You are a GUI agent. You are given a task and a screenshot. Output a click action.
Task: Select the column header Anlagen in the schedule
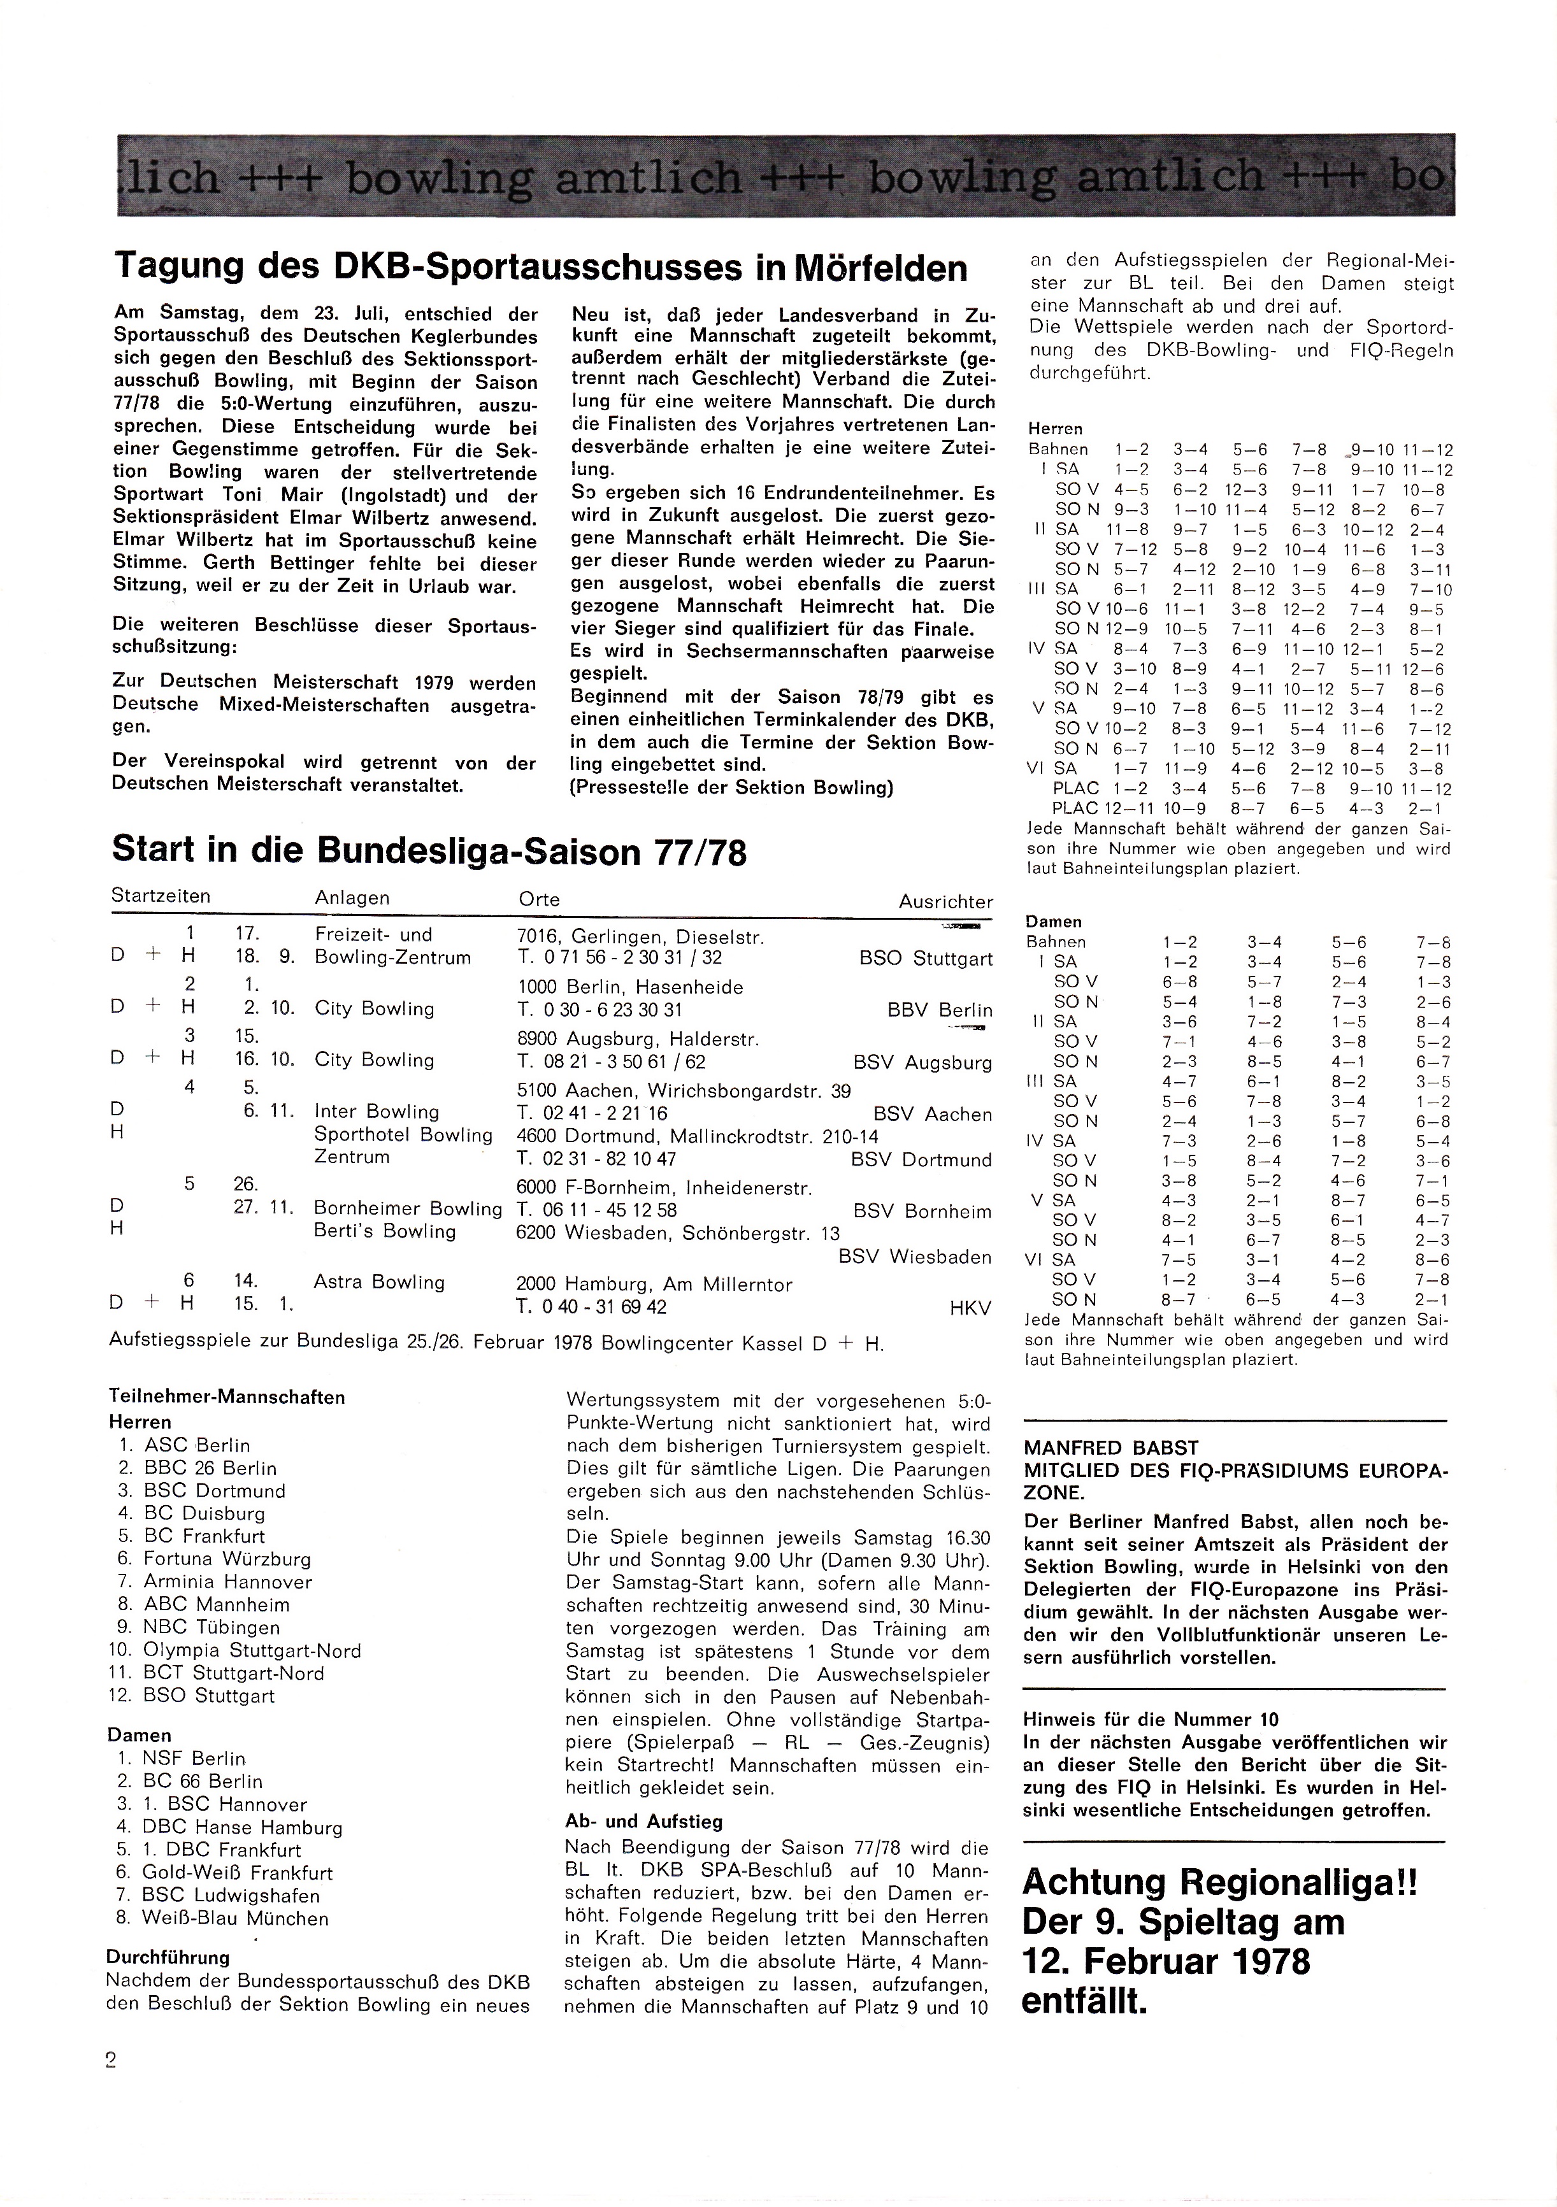tap(352, 898)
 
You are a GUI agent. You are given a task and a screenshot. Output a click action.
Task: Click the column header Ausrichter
tap(945, 902)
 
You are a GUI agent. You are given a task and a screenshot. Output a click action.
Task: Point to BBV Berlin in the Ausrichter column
tap(940, 1010)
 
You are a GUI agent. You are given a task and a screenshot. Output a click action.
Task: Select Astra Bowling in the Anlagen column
tap(379, 1282)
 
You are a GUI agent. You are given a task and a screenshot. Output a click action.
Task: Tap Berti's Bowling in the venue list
tap(385, 1231)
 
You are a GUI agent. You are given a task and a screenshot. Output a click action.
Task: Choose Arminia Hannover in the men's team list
tap(228, 1582)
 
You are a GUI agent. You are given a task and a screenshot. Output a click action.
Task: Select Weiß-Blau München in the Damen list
tap(236, 1918)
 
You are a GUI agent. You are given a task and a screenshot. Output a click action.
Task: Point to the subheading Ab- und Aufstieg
tap(643, 1822)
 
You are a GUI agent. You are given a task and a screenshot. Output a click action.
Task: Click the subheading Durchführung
tap(168, 1957)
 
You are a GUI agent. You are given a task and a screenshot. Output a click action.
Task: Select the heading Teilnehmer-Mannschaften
tap(227, 1397)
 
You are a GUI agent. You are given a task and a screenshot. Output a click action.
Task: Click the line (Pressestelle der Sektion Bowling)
tap(732, 789)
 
